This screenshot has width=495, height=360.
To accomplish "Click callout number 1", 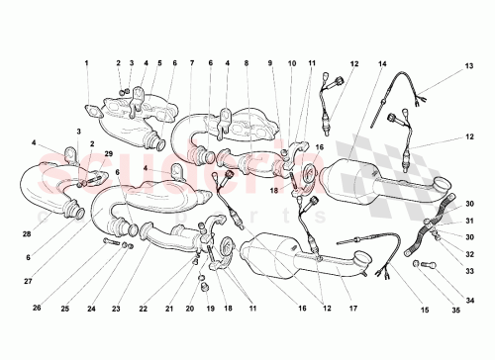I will point(86,64).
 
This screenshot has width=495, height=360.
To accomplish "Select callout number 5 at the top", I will point(159,64).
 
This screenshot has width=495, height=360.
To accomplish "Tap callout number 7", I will point(191,64).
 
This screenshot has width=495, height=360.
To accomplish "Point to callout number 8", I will point(246,64).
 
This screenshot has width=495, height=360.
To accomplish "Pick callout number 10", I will point(292,64).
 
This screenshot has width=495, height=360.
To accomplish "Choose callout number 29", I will point(109,154).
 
